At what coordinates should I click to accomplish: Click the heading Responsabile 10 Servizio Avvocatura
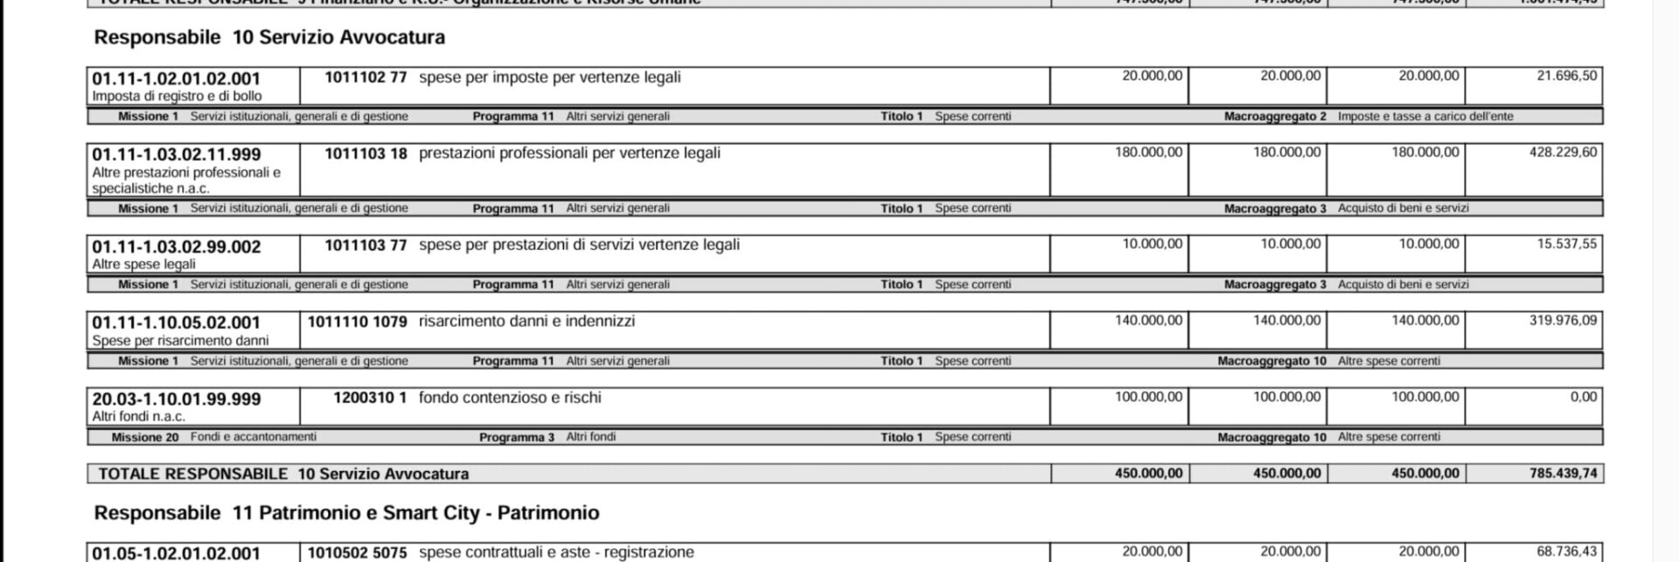point(269,38)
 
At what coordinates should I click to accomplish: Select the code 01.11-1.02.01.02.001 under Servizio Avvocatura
point(177,79)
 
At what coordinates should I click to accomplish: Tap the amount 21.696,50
point(1566,76)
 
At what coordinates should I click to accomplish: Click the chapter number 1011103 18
point(366,154)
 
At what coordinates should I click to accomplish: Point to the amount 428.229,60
point(1563,152)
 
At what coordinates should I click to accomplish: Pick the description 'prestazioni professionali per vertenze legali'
point(569,153)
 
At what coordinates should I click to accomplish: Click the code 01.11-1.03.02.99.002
point(177,247)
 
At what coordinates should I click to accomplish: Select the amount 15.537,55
point(1566,244)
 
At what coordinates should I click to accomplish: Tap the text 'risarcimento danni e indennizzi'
point(526,322)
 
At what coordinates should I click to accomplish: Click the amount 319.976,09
point(1563,321)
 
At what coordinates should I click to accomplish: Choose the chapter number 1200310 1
point(370,398)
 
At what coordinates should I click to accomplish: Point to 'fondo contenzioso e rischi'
point(510,398)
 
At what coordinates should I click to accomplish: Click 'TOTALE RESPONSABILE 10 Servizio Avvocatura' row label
point(283,474)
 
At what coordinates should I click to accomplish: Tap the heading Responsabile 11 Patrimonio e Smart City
point(346,513)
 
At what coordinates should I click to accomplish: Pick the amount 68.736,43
point(1566,552)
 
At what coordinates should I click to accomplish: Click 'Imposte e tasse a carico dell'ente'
point(1425,116)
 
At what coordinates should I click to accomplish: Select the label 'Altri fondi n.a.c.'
point(139,417)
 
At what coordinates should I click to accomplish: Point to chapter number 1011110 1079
point(357,322)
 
